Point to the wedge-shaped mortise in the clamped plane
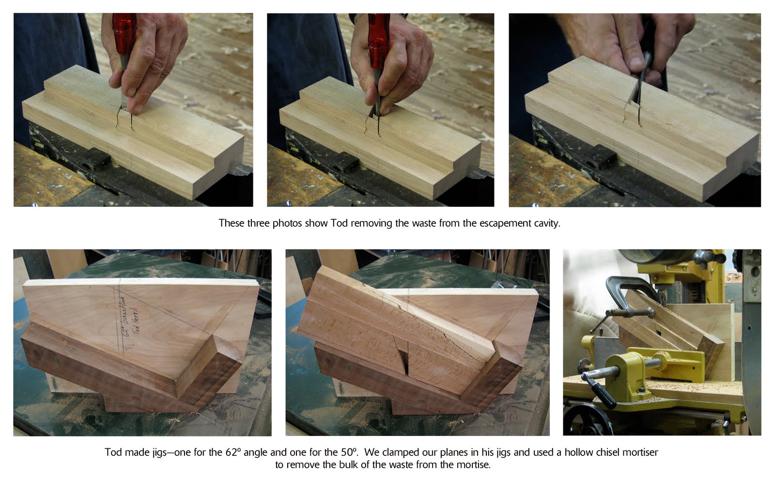(402, 356)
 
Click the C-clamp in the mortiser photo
(625, 291)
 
